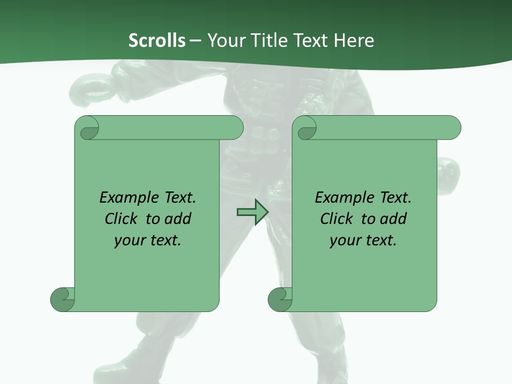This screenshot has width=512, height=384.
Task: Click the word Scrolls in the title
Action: pos(157,41)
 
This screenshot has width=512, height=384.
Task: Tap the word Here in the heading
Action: pos(354,41)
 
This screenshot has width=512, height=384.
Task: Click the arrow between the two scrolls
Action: pos(252,212)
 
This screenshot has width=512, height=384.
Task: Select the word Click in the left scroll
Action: pos(123,219)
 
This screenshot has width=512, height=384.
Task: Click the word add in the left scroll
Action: pos(178,219)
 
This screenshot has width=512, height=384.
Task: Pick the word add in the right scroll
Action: pos(394,219)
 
